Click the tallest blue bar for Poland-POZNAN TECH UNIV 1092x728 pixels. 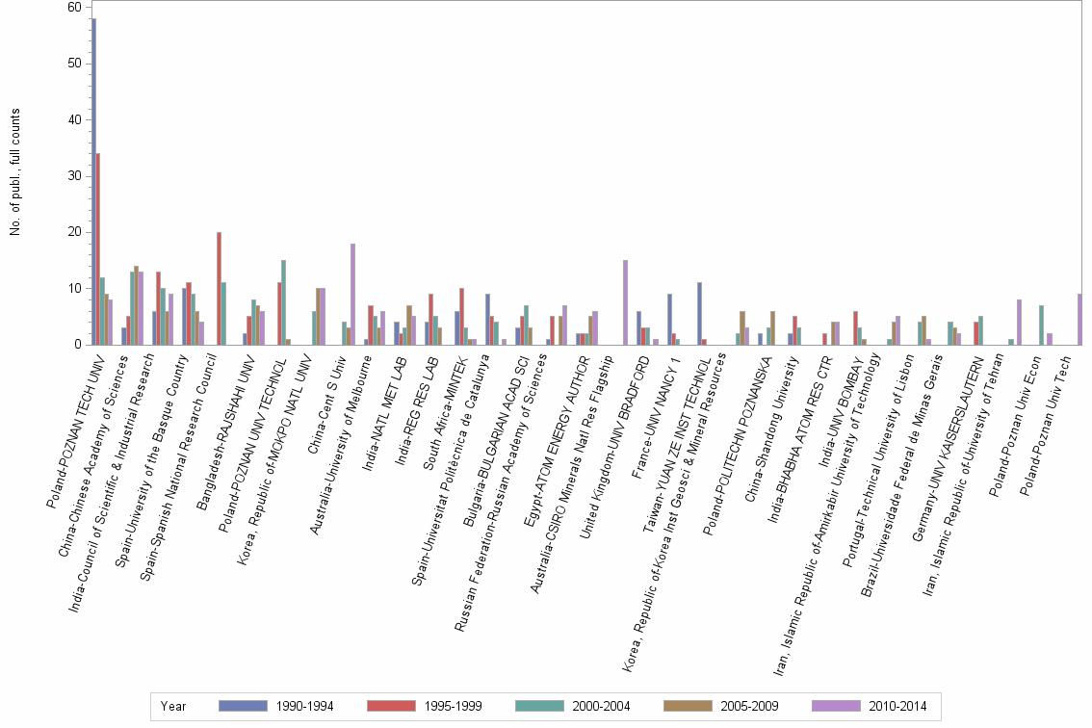pos(94,181)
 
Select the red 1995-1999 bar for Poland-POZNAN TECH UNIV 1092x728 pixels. pos(98,248)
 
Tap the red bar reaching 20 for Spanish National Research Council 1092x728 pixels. pos(219,289)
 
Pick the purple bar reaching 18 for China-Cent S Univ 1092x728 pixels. pos(353,294)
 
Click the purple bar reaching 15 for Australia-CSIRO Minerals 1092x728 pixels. pos(625,302)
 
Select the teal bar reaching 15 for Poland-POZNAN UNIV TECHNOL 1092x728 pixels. pos(283,302)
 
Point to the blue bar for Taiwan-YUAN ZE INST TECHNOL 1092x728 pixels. pos(699,314)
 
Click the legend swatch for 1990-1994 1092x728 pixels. pos(243,706)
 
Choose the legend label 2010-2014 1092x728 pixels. pos(897,707)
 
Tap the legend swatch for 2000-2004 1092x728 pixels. pos(539,706)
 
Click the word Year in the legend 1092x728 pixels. pos(173,707)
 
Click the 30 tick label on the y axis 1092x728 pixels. pos(74,175)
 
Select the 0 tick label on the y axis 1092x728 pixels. pos(78,344)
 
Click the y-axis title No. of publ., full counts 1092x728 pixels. pos(15,172)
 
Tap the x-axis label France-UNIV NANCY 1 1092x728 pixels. pos(655,417)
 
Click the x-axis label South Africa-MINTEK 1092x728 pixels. pos(446,413)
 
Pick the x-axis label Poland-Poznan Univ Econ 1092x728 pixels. pos(1015,427)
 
